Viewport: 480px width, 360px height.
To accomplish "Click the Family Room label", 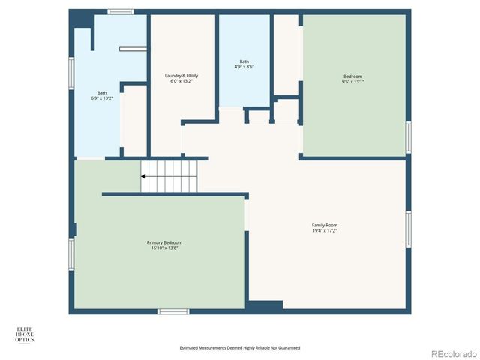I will (325, 225).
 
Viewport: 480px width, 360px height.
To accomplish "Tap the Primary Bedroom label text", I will (163, 242).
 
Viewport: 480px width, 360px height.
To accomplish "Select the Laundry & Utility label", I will (181, 76).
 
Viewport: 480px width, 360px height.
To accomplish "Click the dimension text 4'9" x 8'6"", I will (244, 67).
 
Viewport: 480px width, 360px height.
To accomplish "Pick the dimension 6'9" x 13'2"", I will (101, 97).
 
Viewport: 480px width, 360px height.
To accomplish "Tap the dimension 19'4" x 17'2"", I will (325, 230).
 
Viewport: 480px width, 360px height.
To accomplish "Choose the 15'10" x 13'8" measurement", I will (163, 247).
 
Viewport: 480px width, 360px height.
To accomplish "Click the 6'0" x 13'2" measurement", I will (181, 81).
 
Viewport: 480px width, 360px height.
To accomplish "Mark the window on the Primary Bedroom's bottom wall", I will (172, 310).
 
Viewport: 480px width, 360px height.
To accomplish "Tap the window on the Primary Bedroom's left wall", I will (72, 253).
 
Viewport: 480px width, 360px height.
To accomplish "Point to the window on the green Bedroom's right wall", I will (409, 136).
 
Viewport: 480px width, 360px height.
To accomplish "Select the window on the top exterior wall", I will (120, 12).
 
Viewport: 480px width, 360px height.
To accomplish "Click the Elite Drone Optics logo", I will (25, 334).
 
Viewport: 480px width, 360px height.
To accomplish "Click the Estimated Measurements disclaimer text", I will (239, 347).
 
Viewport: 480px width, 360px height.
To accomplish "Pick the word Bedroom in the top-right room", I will (352, 76).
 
